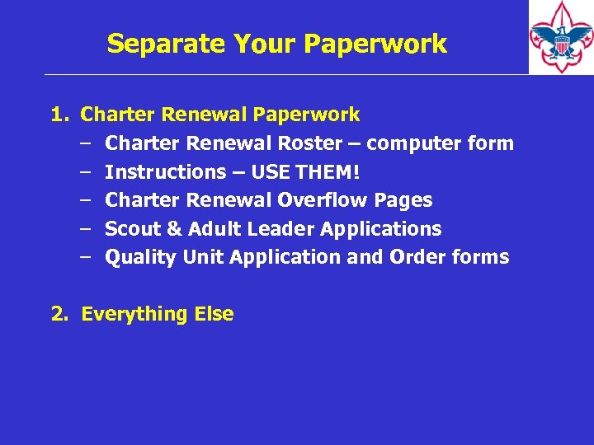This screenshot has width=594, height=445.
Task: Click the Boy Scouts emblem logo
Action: coord(560,36)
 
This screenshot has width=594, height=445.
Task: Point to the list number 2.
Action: coord(59,314)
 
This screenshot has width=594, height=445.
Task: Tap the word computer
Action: coord(403,143)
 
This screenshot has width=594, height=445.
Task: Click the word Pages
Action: coord(403,200)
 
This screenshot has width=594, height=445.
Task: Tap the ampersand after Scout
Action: coord(174,229)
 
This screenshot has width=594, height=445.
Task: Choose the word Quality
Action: coord(141,257)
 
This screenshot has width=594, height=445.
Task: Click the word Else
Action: coord(214,314)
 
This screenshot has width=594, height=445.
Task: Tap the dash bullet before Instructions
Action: coord(86,172)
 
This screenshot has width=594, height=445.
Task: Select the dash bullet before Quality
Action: coord(86,257)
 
